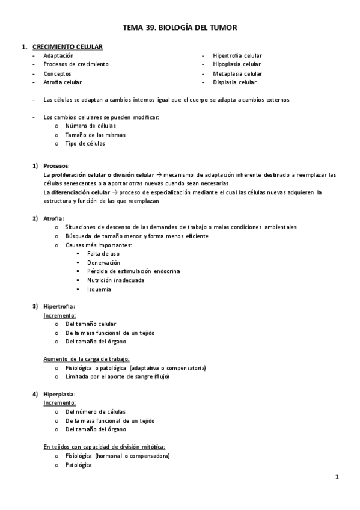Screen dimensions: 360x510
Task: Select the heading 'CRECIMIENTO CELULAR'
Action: (67, 46)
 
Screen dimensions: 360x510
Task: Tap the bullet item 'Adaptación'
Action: (58, 55)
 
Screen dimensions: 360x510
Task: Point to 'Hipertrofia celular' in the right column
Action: (237, 55)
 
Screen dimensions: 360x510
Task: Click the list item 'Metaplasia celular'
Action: (237, 73)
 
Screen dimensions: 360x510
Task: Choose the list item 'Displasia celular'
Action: (234, 82)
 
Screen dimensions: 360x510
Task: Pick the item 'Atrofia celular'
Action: (63, 82)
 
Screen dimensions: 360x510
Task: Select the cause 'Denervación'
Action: (103, 262)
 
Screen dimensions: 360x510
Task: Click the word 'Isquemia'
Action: (99, 289)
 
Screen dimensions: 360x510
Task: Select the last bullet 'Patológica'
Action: (78, 464)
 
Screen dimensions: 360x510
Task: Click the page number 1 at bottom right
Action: (337, 477)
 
